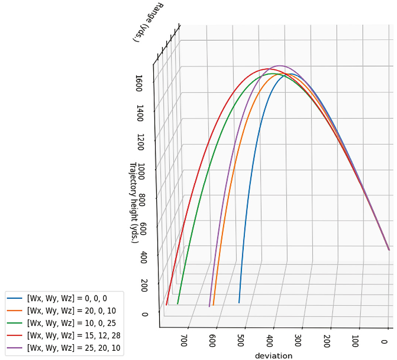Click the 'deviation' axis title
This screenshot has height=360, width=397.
pyautogui.click(x=274, y=356)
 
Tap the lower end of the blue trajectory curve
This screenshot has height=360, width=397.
pyautogui.click(x=239, y=303)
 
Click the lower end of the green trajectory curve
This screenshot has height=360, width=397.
pyautogui.click(x=178, y=304)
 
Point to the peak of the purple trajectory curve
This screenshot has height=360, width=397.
pyautogui.click(x=280, y=66)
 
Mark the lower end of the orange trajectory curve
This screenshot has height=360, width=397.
pyautogui.click(x=213, y=305)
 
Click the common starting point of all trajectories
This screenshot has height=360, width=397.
pyautogui.click(x=389, y=250)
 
